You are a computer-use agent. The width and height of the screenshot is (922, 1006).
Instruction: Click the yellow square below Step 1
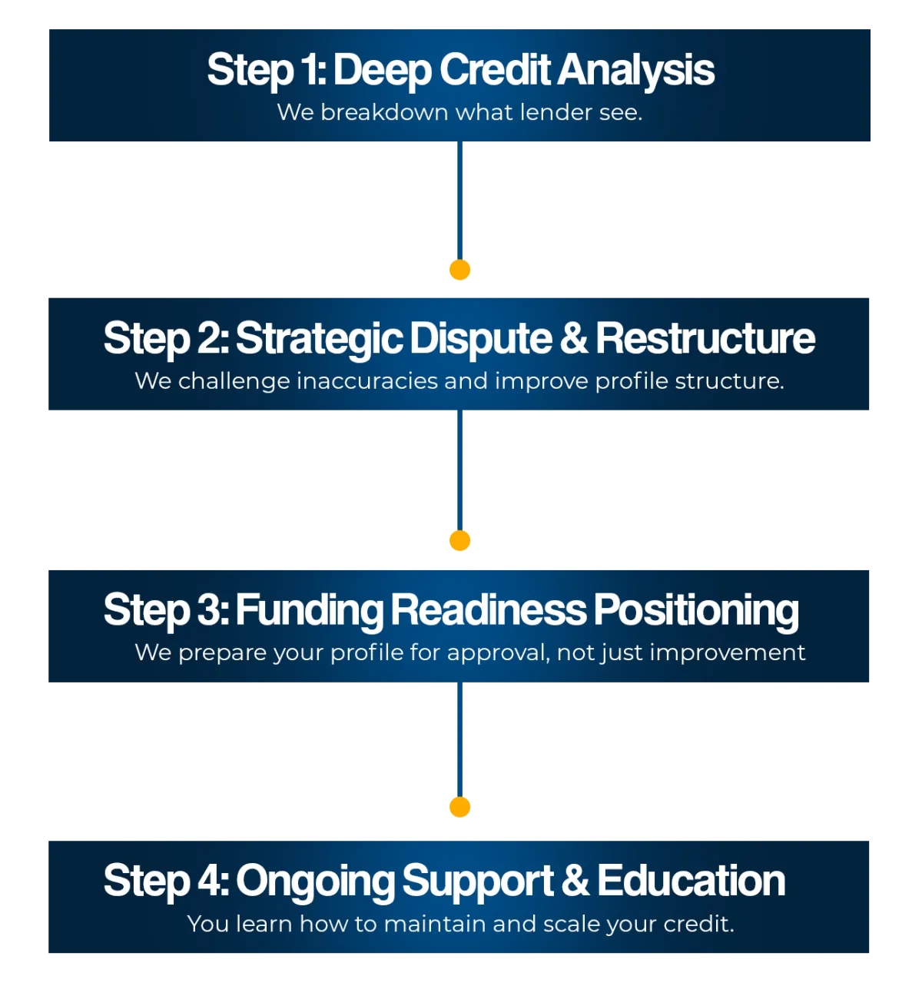[460, 271]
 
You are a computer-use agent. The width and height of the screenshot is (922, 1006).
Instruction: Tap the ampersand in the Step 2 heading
[574, 339]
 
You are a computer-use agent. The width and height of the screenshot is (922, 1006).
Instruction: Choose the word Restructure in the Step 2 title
[705, 339]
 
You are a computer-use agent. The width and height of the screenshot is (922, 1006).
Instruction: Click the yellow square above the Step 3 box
[460, 541]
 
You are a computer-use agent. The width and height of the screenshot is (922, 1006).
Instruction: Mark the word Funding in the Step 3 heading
[309, 610]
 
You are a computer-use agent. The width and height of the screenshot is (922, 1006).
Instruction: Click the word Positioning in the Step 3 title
[696, 610]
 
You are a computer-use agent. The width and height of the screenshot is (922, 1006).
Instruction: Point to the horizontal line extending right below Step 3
[691, 685]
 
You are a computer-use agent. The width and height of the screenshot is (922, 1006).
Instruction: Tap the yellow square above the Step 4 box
[460, 806]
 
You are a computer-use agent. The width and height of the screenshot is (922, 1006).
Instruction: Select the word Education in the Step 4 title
[691, 881]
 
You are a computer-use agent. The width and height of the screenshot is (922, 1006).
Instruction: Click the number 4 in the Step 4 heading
[209, 881]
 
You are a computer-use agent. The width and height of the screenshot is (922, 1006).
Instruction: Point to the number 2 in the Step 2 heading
[208, 339]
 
